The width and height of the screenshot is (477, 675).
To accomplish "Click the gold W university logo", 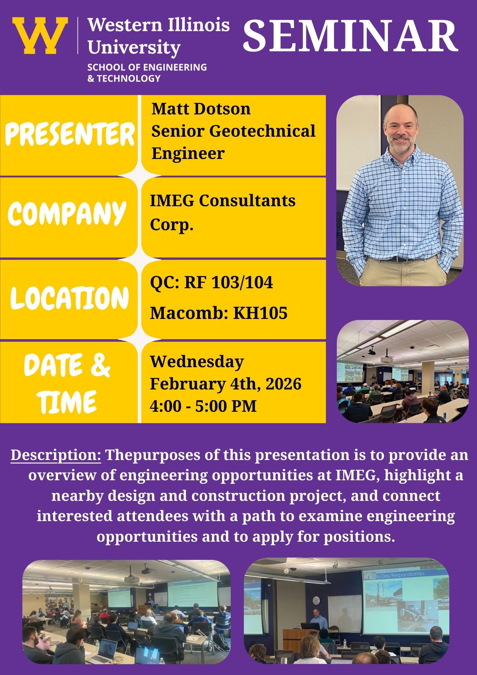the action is [40, 35].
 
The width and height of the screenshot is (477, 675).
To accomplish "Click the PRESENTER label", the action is [70, 135].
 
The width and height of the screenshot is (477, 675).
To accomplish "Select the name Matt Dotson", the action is [201, 109].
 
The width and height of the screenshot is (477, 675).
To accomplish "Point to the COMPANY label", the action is [67, 213].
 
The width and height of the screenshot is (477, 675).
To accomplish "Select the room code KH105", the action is [260, 313].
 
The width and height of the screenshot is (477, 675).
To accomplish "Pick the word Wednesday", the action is [197, 362].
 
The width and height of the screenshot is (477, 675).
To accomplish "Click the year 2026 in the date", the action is [283, 384].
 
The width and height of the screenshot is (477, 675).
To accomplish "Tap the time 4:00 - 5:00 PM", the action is [203, 406].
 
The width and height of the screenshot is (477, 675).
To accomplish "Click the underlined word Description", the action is [56, 455].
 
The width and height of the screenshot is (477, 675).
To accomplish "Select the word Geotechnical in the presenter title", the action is [262, 131].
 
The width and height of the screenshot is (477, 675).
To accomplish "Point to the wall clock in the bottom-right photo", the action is [316, 600].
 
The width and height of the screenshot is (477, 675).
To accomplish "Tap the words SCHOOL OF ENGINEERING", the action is [147, 67].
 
